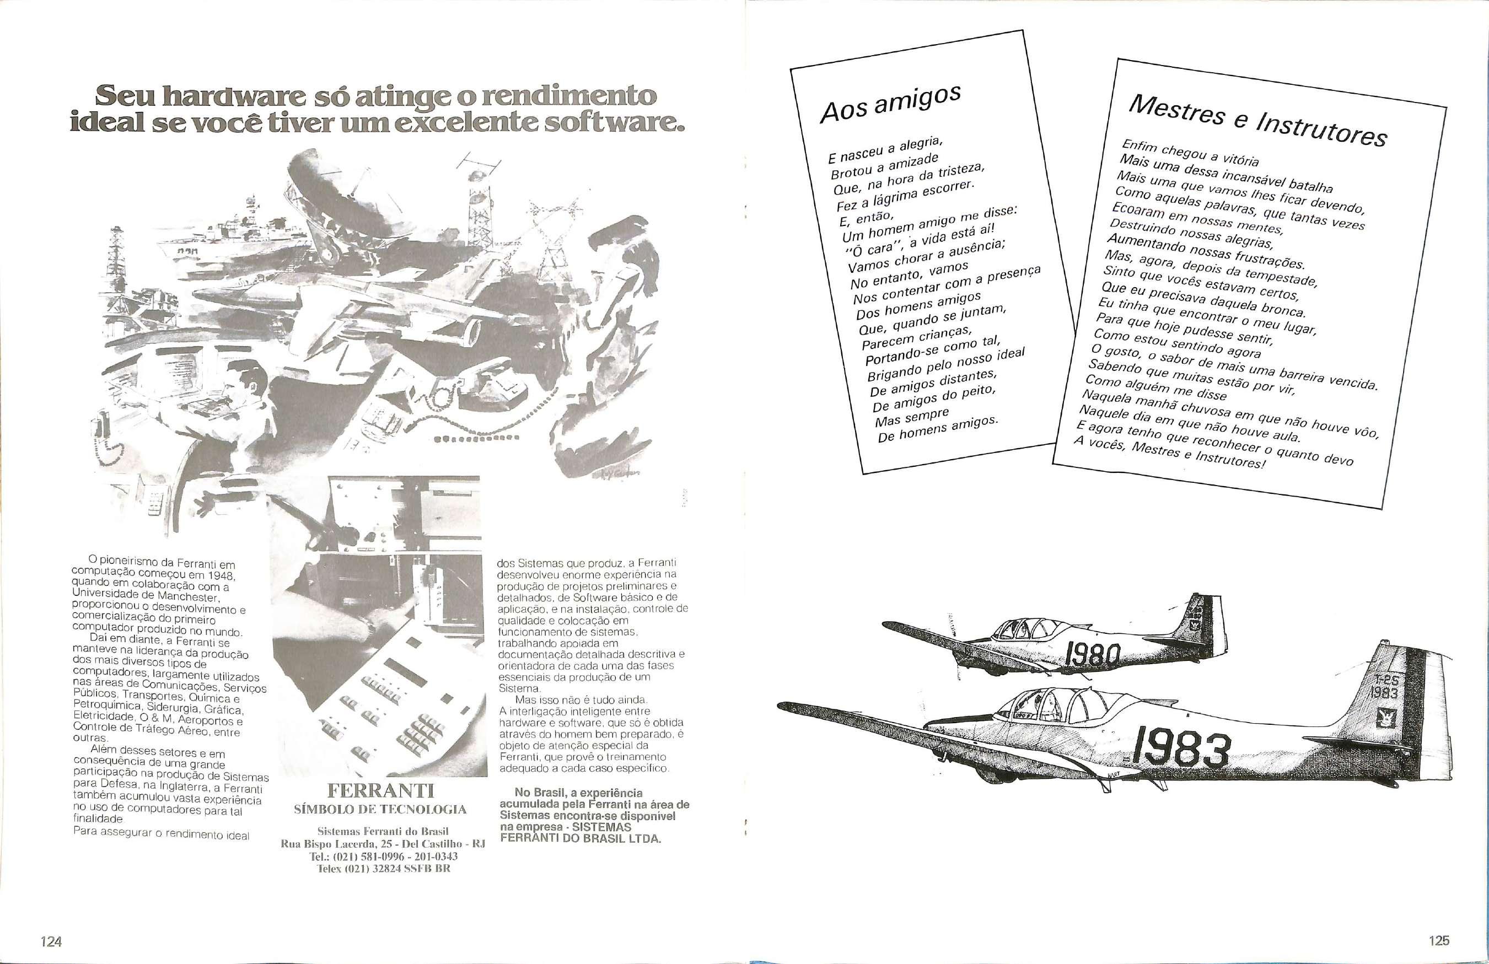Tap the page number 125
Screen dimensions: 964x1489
click(1439, 940)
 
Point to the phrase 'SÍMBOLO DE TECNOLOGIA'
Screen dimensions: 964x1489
click(380, 810)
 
